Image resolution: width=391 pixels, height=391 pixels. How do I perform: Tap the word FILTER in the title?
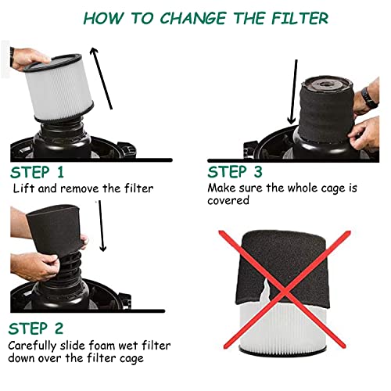(x=289, y=16)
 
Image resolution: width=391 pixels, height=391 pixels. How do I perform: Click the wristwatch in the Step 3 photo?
(x=367, y=98)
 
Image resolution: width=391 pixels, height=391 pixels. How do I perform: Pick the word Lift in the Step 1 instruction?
(x=23, y=189)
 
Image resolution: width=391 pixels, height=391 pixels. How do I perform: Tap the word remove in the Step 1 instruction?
(x=78, y=189)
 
